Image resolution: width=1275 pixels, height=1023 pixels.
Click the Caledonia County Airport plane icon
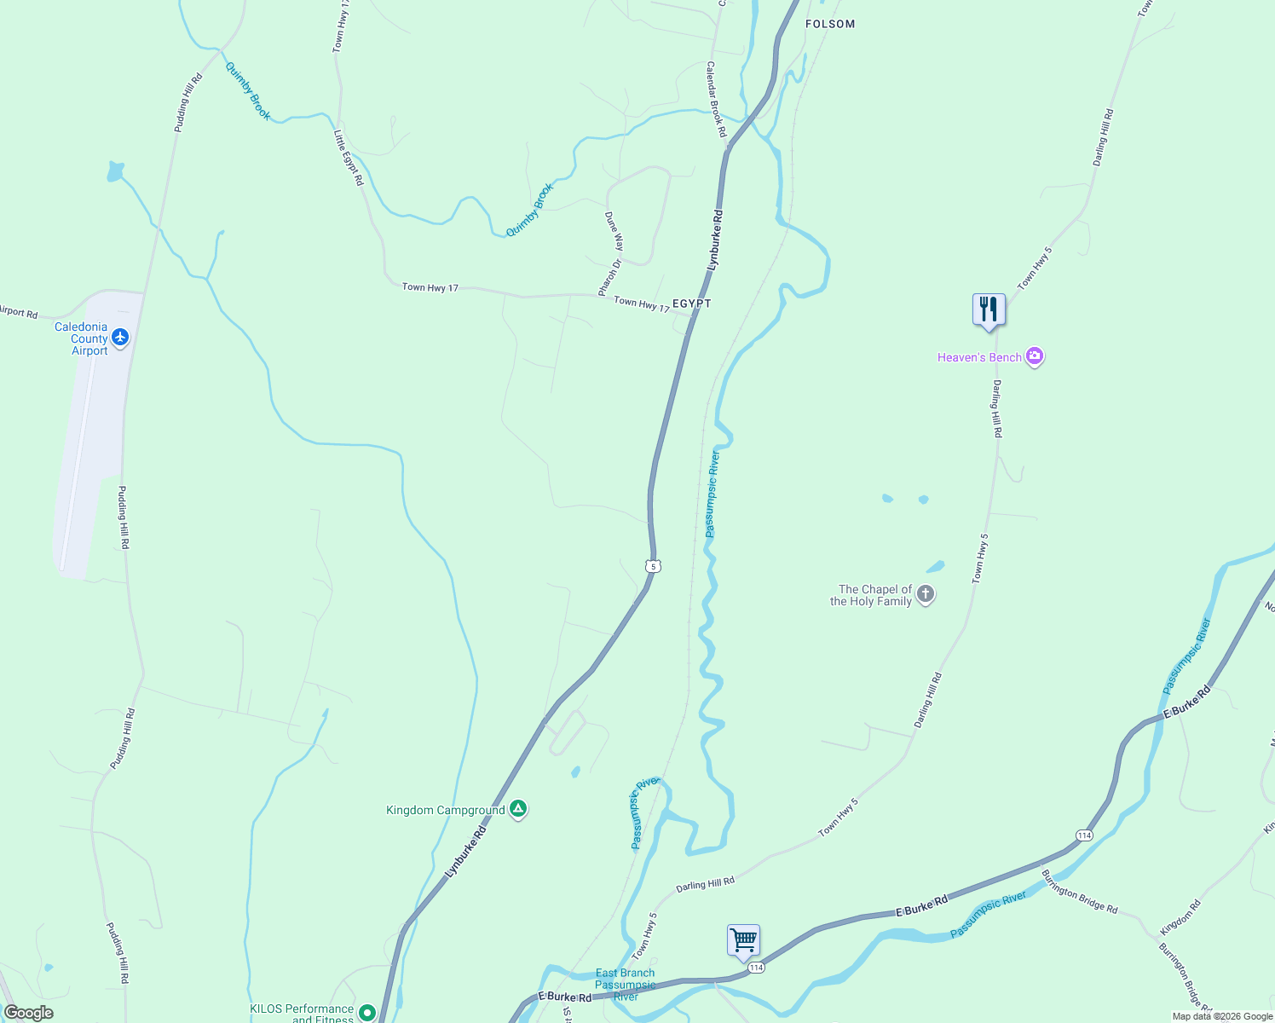tap(120, 338)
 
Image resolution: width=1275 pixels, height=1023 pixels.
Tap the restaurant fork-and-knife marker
tap(989, 309)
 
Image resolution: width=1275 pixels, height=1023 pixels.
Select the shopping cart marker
tap(743, 940)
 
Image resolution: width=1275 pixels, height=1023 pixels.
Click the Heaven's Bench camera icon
tap(1035, 357)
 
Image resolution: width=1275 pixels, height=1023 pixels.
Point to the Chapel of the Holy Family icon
tap(926, 595)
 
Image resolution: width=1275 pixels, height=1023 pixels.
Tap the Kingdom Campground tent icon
tap(518, 810)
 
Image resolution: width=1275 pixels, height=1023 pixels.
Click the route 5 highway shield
tap(653, 566)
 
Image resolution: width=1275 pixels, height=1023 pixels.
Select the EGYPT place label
tap(691, 303)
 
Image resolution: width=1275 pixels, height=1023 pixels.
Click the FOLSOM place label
tap(830, 24)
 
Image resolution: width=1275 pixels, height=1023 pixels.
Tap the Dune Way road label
tap(614, 230)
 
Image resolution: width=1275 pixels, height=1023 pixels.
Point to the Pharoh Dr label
tap(610, 277)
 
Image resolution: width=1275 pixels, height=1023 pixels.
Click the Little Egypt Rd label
tap(349, 158)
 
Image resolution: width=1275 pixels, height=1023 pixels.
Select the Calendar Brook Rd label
tap(716, 99)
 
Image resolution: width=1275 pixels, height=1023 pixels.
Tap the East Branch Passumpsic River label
tap(625, 985)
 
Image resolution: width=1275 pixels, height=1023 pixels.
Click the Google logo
tap(29, 1013)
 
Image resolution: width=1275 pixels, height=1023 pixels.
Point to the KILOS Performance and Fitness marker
tap(367, 1013)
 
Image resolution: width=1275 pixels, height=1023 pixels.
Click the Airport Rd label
tap(18, 313)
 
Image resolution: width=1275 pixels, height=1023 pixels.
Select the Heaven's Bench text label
tap(979, 357)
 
